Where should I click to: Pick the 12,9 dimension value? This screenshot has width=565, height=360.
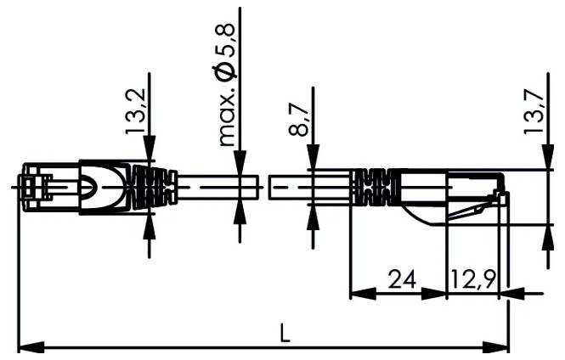click(x=472, y=278)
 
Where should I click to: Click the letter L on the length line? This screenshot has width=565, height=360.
click(x=285, y=334)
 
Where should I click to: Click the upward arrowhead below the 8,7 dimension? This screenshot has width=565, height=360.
click(x=313, y=216)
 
